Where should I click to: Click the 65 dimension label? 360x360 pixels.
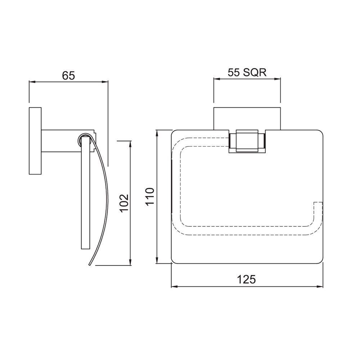tap(68, 75)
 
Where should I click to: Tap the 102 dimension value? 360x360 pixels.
tap(124, 203)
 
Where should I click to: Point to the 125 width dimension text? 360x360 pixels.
tap(246, 279)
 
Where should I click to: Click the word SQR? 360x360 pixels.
tap(255, 73)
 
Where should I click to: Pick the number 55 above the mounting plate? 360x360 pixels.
tap(234, 73)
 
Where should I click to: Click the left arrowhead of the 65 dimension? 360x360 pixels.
tap(32, 81)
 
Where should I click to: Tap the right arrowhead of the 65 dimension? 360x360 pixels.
tap(105, 81)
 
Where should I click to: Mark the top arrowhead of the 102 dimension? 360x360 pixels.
tap(130, 144)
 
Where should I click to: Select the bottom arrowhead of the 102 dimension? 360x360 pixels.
tap(130, 262)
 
